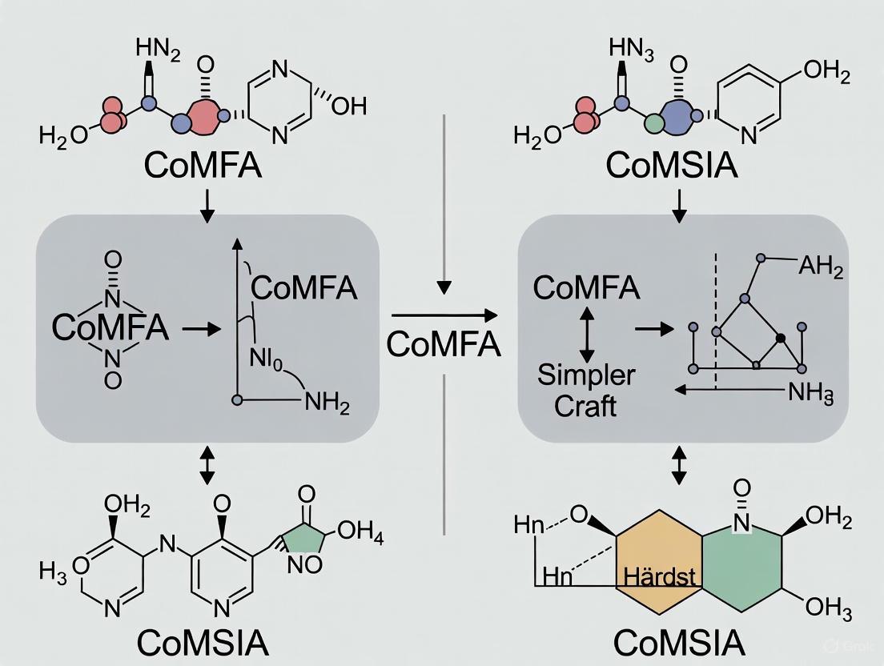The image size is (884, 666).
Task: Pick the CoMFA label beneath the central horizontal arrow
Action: tap(443, 344)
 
